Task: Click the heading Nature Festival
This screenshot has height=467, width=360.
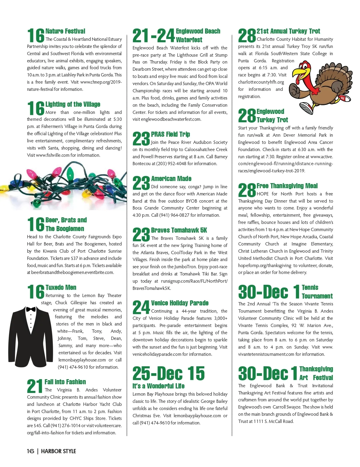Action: click(65, 31)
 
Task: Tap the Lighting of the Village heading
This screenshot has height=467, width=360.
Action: click(73, 104)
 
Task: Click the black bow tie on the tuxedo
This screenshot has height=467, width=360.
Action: click(31, 309)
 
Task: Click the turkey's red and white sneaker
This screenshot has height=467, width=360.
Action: click(306, 108)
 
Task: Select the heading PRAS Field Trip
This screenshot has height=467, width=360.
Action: click(170, 134)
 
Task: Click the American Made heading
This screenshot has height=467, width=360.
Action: click(171, 179)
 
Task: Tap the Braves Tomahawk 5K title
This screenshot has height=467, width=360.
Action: click(179, 230)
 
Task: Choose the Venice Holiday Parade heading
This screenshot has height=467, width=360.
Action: click(180, 303)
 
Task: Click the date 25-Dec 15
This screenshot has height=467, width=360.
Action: click(169, 373)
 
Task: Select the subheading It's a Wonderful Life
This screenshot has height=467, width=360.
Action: click(158, 386)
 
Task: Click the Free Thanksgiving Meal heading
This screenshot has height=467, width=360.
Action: click(287, 186)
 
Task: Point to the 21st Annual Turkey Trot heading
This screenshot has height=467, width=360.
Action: click(288, 31)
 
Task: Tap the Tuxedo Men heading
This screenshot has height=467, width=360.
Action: click(61, 287)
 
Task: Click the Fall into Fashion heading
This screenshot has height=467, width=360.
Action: click(65, 382)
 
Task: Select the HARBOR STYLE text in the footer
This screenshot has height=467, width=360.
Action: click(58, 451)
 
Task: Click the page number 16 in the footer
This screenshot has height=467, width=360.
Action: click(30, 451)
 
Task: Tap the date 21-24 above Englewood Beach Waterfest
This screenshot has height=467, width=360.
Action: click(153, 36)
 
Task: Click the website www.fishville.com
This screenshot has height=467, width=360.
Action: click(52, 155)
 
